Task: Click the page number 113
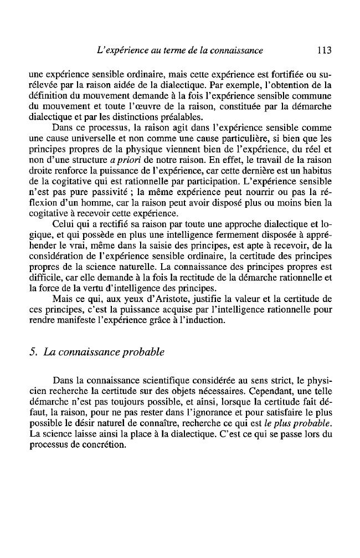coord(321,50)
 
